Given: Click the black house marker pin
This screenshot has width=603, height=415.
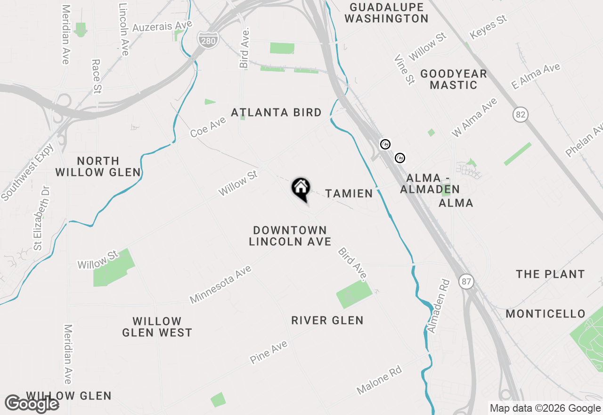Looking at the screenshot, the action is point(301,189).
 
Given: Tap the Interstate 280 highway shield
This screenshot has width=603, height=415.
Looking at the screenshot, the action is point(208,39).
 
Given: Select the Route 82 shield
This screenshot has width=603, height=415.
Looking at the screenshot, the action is point(521,115).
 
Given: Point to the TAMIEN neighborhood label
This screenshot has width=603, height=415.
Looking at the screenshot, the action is point(349,193).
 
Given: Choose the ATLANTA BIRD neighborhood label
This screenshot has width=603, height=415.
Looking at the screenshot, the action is point(277,113).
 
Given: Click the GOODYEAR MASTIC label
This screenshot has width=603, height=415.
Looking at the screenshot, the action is point(454,79).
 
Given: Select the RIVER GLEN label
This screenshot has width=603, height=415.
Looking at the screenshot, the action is point(327,321).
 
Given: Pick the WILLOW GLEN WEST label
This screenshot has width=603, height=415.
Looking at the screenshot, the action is point(157,327).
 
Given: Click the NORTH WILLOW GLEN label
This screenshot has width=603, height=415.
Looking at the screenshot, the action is point(98,166).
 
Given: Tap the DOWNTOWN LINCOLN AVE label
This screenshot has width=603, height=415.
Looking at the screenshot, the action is point(290,236).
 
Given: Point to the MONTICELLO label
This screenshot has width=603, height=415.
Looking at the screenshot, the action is point(546,314).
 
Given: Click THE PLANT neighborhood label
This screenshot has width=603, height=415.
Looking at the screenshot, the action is point(550,274).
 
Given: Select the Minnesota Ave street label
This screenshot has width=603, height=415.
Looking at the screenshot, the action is point(220,284).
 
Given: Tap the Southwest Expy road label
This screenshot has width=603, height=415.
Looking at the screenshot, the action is point(28,172).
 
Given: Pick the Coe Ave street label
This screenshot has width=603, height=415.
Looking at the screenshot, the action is point(208,127).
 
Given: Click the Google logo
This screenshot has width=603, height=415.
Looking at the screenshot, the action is point(32,404).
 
